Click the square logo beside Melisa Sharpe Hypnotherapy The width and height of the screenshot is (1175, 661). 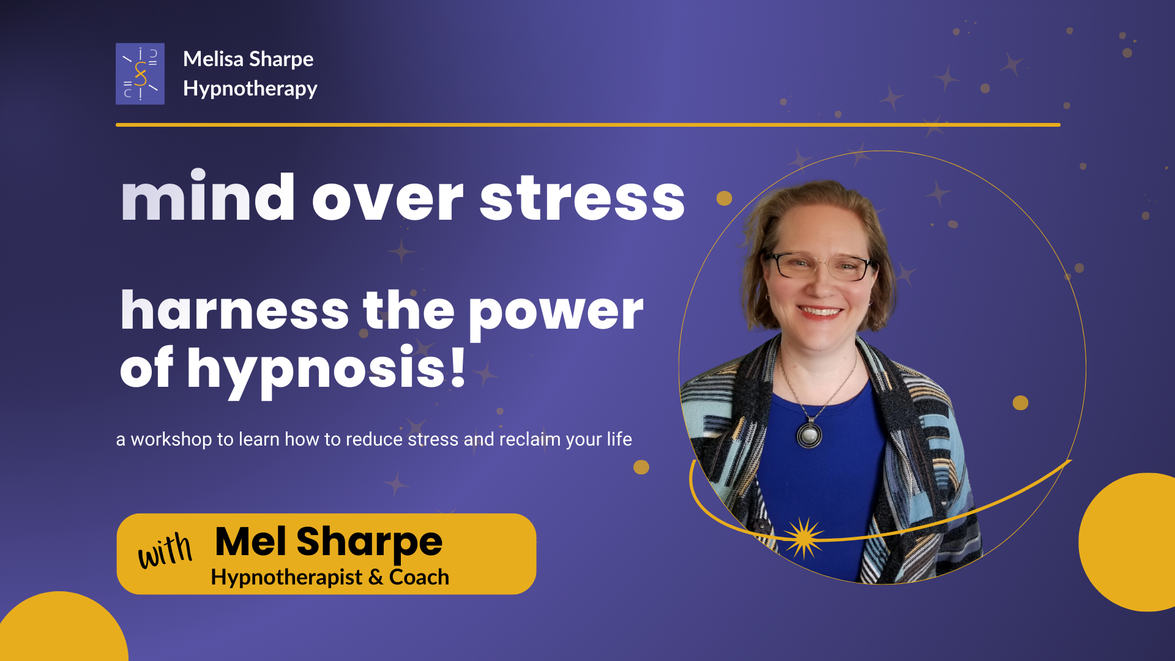click(140, 73)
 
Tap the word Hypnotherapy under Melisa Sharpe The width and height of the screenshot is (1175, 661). click(250, 89)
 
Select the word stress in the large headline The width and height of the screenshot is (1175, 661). click(582, 199)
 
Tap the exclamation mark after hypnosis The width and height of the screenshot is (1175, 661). click(458, 367)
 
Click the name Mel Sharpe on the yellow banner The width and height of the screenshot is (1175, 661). click(329, 542)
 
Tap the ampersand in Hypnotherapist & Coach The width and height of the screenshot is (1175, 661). click(376, 577)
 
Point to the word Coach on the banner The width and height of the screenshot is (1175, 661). click(419, 577)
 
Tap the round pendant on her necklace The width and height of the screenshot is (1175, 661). click(809, 435)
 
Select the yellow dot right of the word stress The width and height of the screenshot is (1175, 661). click(724, 198)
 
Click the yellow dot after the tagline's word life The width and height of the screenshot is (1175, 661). click(641, 467)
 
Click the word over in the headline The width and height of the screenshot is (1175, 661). click(388, 200)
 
